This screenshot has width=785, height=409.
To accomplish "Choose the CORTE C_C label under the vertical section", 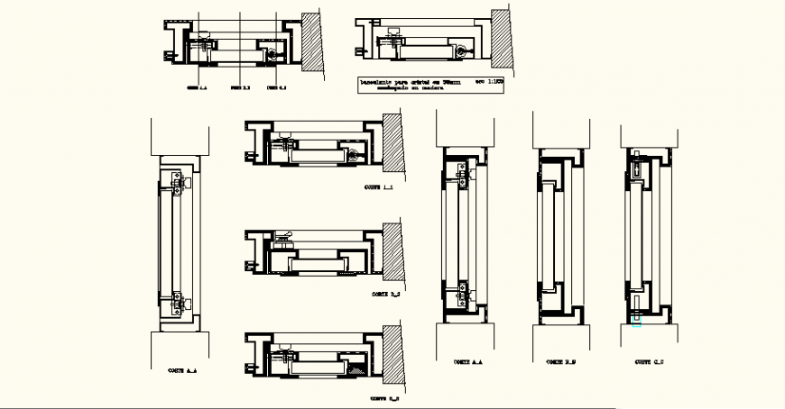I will coord(648,362).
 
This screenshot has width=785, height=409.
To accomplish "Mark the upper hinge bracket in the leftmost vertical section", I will coord(177,184).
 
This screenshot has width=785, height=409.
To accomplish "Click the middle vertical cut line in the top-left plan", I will coord(240,50).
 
